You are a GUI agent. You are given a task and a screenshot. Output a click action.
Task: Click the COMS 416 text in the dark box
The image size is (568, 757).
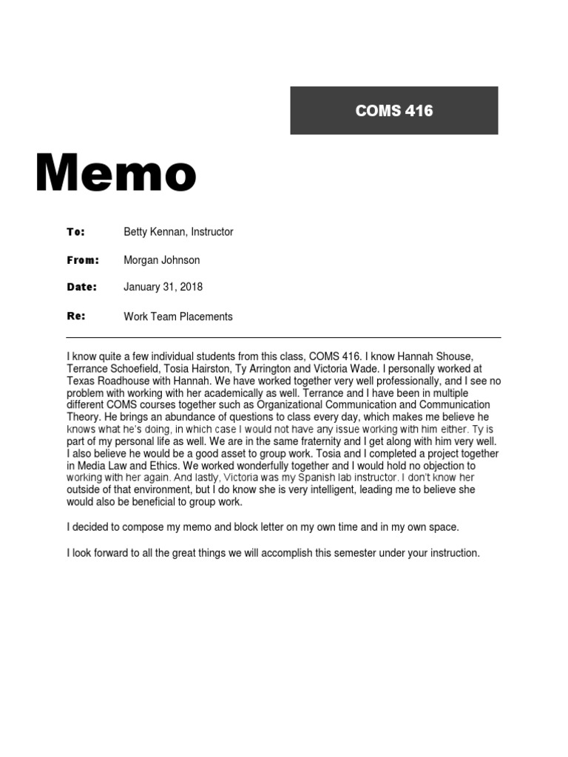pos(393,111)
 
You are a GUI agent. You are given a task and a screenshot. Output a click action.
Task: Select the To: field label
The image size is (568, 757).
pos(76,231)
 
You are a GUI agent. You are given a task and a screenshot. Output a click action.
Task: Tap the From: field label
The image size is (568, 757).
pos(82,259)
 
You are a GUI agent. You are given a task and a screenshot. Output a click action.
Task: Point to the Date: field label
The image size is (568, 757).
pos(82,286)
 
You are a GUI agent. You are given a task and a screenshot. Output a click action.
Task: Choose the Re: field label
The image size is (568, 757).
pos(76,316)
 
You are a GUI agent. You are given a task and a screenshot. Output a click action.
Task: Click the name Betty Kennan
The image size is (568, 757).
pos(154,231)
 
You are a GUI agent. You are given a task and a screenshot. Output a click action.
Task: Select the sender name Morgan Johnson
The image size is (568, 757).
pos(161,259)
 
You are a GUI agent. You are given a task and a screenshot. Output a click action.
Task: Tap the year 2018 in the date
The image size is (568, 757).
pos(190,286)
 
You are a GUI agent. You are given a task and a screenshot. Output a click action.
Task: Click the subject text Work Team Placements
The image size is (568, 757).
pos(177,316)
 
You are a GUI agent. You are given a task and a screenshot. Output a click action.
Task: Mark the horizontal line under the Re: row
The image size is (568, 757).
pos(283,338)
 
